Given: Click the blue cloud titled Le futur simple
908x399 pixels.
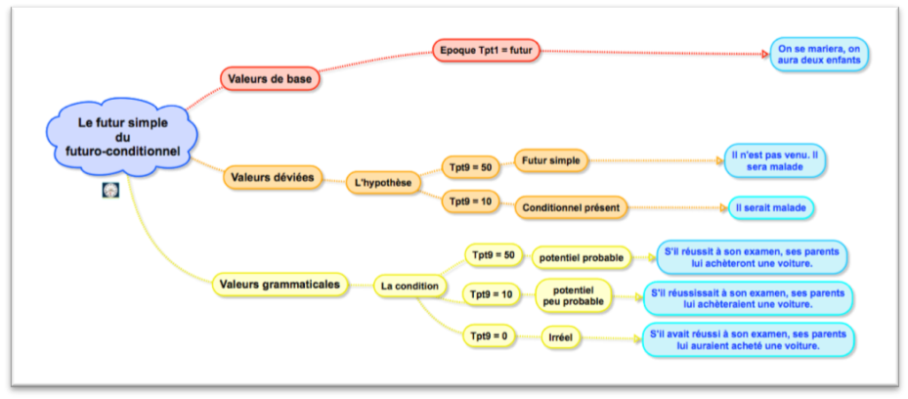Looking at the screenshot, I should (x=123, y=136).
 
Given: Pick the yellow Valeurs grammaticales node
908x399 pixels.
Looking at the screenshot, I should (x=281, y=285).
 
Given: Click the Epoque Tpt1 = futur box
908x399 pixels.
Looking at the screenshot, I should (x=486, y=49).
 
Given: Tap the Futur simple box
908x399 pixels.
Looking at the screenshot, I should (x=551, y=160).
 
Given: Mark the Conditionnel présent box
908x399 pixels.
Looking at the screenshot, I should (x=572, y=208).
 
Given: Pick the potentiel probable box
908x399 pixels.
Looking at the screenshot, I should (x=579, y=258).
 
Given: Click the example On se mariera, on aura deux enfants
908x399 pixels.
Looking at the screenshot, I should (x=818, y=54).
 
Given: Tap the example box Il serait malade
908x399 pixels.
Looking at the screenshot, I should (x=772, y=207).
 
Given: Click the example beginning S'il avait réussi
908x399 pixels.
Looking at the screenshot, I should (x=748, y=339).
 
